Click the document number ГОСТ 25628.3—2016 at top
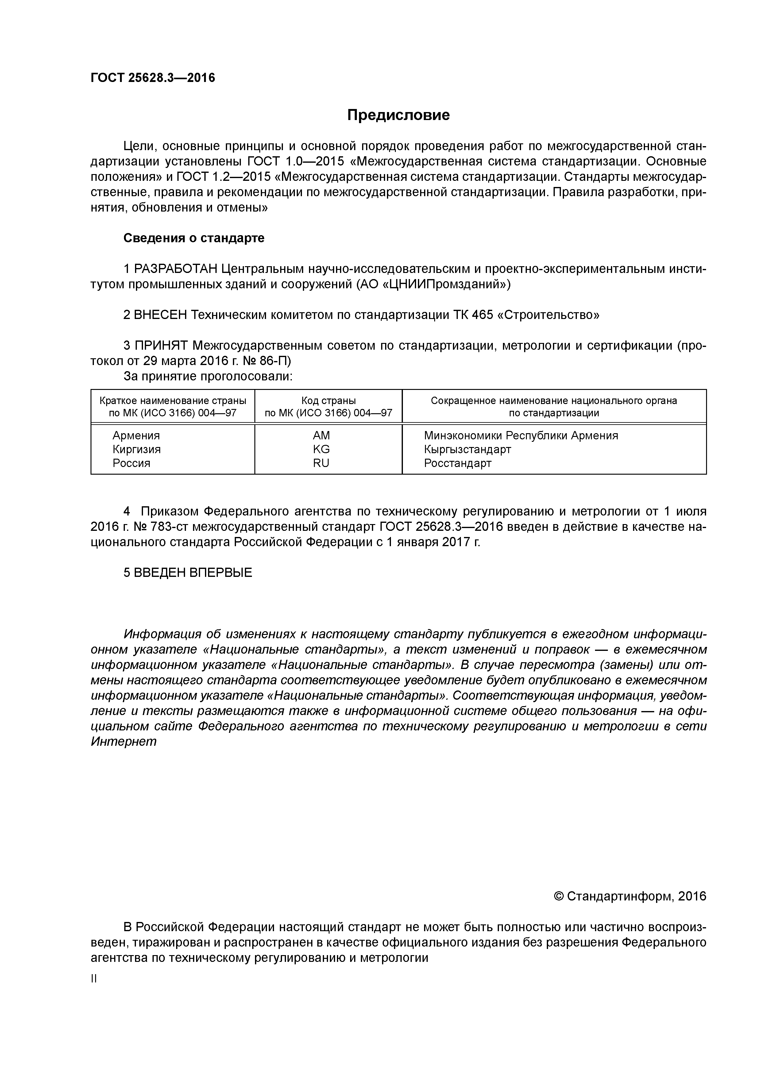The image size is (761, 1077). pos(153,78)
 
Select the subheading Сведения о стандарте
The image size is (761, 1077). pos(194,238)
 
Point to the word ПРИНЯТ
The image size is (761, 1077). pos(161,346)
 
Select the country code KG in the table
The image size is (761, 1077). pos(321,449)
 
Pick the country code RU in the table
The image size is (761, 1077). pos(321,464)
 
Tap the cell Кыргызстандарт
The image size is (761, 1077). pos(467,449)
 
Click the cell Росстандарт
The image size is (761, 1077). pos(458,464)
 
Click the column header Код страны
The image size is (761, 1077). pos(328,401)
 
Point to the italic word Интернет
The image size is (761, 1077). pos(123,742)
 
